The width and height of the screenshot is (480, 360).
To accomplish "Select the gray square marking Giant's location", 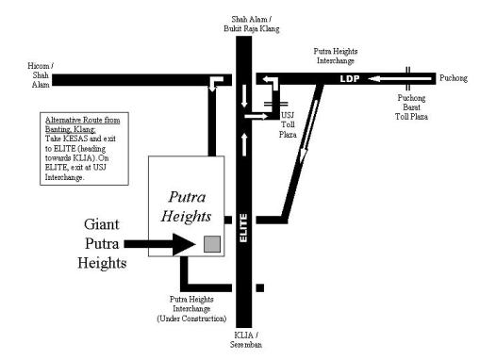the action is coord(212,245).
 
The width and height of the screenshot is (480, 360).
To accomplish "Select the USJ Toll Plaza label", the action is coord(289,123).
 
